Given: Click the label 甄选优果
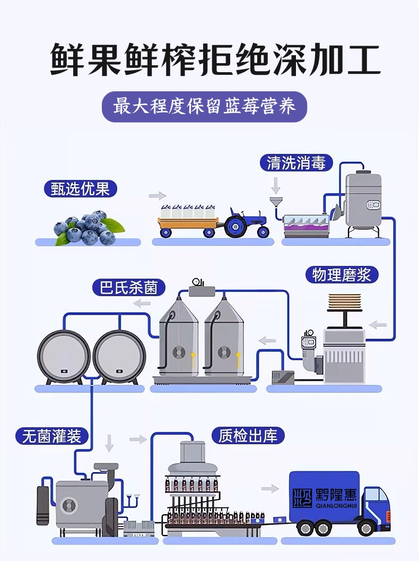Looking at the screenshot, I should [x=80, y=189].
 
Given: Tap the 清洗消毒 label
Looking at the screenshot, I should [x=296, y=162].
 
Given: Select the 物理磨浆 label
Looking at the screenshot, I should [x=342, y=275].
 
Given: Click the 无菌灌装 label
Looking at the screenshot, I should [x=52, y=436].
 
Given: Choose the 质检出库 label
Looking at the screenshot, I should [x=248, y=436].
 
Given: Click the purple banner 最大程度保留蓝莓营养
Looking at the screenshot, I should [x=205, y=108].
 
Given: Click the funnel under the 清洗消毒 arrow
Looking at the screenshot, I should [x=274, y=203].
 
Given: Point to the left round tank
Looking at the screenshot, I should [x=64, y=355].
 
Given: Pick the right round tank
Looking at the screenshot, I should [x=119, y=355].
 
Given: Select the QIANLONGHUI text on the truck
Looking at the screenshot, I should [x=336, y=505].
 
